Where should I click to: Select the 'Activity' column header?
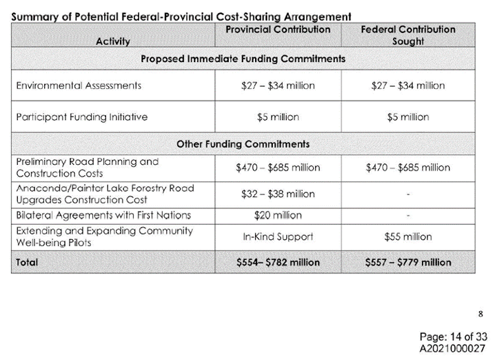[112, 41]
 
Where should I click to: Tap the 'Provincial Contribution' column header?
[278, 30]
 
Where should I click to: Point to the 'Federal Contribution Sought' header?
[407, 35]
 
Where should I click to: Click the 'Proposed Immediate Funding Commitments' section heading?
[243, 59]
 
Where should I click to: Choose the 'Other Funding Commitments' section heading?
[243, 144]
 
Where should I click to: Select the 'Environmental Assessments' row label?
[78, 86]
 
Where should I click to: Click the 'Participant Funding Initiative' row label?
[82, 117]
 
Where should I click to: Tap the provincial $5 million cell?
[278, 117]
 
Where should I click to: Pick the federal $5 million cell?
[407, 117]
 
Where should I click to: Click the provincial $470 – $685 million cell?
[278, 167]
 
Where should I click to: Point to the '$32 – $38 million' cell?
[278, 194]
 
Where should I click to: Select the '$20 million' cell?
[278, 215]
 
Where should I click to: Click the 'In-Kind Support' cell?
[278, 236]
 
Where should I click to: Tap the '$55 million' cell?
[407, 236]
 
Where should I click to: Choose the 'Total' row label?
[27, 262]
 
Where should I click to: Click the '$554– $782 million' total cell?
[278, 262]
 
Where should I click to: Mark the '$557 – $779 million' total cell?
[407, 262]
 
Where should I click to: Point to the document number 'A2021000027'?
[452, 347]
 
